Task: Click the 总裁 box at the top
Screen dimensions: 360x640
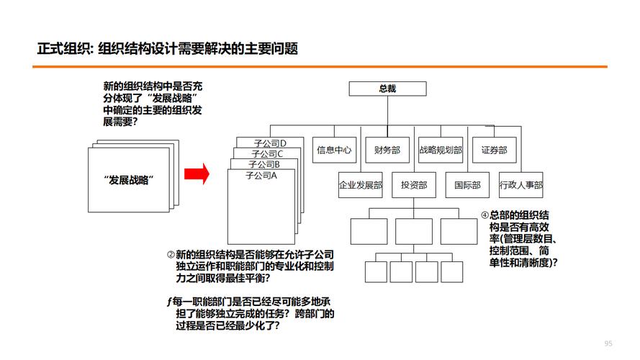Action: (387, 89)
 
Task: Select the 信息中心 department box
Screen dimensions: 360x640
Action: (334, 150)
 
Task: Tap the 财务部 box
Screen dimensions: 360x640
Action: (387, 150)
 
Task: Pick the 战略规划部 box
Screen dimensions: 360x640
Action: (440, 150)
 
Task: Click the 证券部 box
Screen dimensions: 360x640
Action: (494, 150)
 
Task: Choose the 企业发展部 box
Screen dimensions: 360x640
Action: (361, 185)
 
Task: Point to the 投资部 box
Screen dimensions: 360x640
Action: (414, 185)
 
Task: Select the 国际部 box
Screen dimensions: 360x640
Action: (467, 185)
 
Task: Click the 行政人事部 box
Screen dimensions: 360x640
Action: (521, 185)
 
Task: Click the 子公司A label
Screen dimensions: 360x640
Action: (261, 175)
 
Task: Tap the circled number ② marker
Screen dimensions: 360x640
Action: (171, 254)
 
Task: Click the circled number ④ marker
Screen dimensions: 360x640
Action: (484, 215)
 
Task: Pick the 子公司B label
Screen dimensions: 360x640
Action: (264, 164)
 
